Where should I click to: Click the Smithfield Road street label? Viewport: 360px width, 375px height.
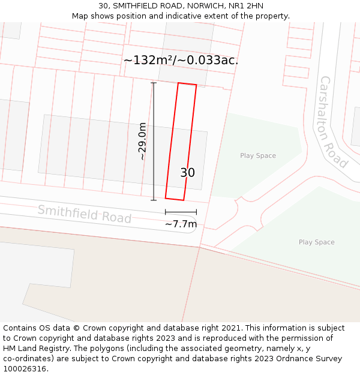point(84,214)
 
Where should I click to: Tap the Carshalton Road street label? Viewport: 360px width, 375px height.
point(333,122)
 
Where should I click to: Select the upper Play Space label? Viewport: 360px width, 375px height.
point(258,156)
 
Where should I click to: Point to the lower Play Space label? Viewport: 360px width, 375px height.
point(316,242)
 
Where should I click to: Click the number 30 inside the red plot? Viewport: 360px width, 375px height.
point(187,173)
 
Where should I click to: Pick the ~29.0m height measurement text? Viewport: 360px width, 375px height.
point(142,142)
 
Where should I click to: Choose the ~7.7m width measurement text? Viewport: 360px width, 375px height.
point(181,224)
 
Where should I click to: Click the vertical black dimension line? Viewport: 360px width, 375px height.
point(154,142)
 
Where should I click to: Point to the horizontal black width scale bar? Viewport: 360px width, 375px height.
point(181,212)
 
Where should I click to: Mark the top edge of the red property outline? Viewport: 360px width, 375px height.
point(187,85)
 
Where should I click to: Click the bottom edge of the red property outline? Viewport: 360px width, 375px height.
point(174,199)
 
